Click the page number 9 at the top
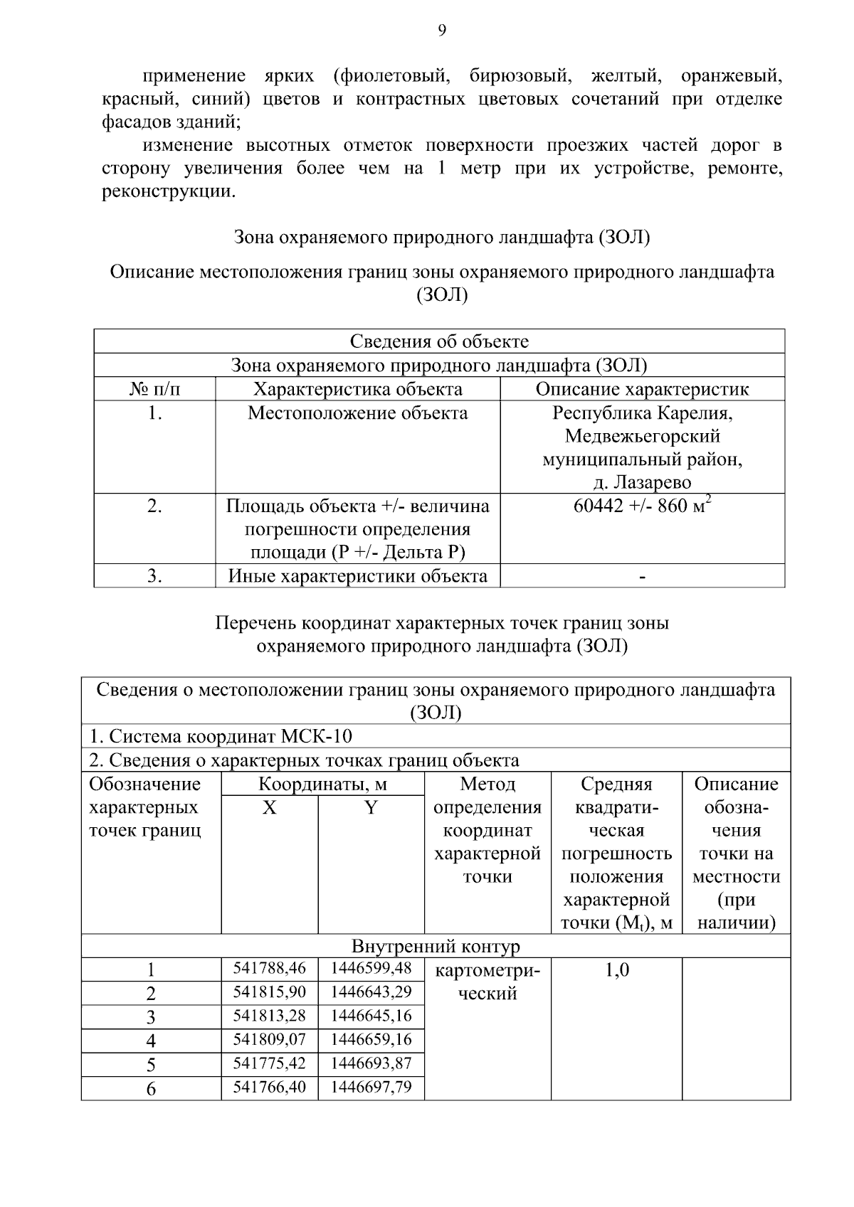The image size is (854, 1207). point(441,30)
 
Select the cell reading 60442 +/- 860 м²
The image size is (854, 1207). point(642,506)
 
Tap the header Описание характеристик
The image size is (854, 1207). point(642,389)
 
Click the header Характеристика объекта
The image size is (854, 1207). point(358,389)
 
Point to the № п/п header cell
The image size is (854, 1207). point(154,389)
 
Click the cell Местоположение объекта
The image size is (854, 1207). point(358,413)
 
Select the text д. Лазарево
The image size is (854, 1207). point(642,483)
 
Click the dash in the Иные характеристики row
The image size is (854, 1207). point(642,576)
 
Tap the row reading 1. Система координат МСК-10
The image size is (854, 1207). point(221,736)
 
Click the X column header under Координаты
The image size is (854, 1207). point(269,808)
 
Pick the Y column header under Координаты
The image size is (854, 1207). point(371,808)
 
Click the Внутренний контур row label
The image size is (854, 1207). point(436,947)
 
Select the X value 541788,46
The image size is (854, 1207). point(269,968)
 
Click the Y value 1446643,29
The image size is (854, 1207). point(371,991)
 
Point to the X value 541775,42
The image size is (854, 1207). point(269,1063)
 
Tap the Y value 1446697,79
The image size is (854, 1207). point(371,1087)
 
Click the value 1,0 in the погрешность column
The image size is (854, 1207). point(616,970)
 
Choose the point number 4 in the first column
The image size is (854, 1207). point(151,1041)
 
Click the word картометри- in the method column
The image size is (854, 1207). point(487,970)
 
